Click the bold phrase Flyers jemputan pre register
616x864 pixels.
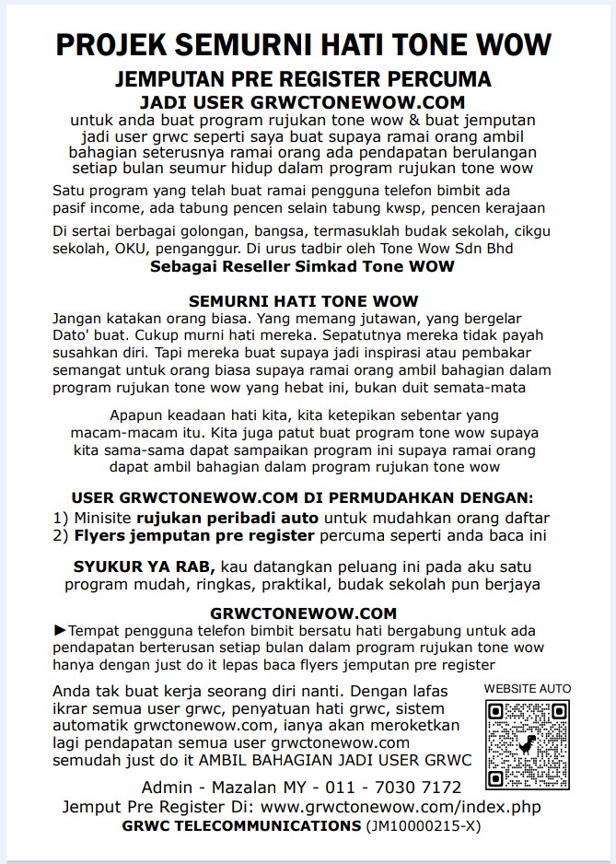195,535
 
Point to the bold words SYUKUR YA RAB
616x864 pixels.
145,566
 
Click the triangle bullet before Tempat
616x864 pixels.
61,631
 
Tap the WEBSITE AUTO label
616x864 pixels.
528,688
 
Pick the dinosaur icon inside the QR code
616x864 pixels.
528,742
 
